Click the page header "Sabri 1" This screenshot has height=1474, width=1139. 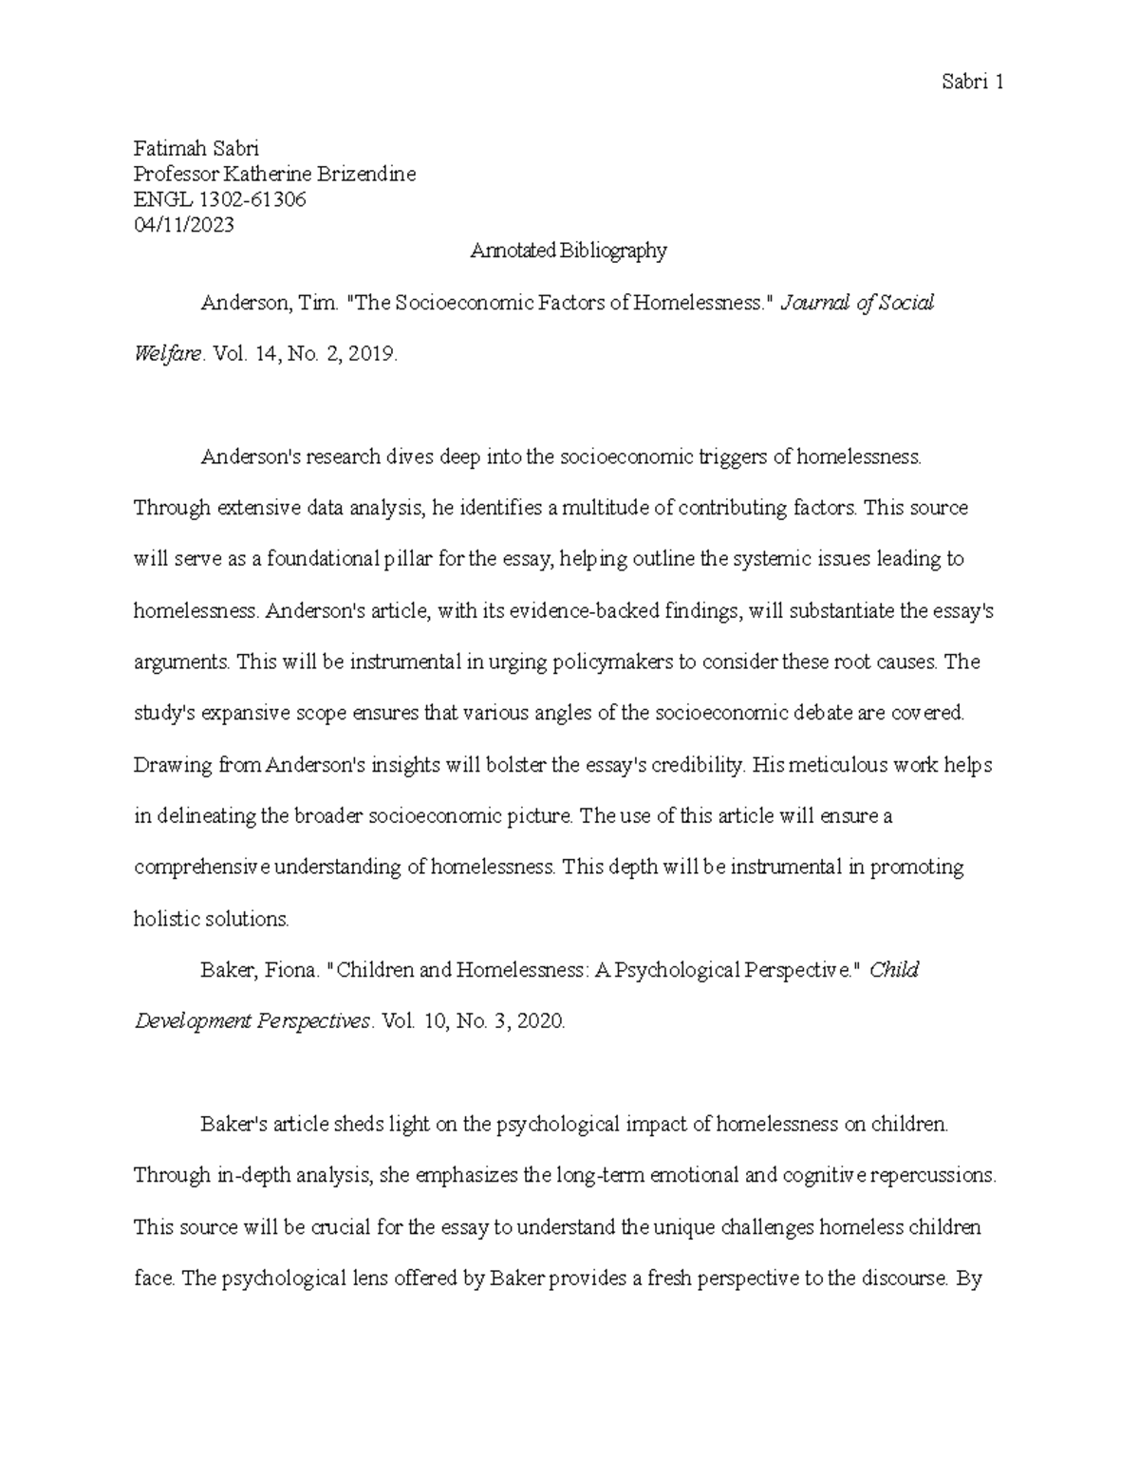coord(973,83)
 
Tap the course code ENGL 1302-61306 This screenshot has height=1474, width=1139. coord(220,200)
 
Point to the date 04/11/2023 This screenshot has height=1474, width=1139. coord(183,226)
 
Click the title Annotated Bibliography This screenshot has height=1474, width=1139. coord(569,252)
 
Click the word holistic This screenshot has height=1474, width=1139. coord(164,919)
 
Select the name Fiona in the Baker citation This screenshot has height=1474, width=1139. coord(289,970)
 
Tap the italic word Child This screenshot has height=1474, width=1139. coord(894,970)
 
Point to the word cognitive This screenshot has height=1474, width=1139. coord(825,1176)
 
